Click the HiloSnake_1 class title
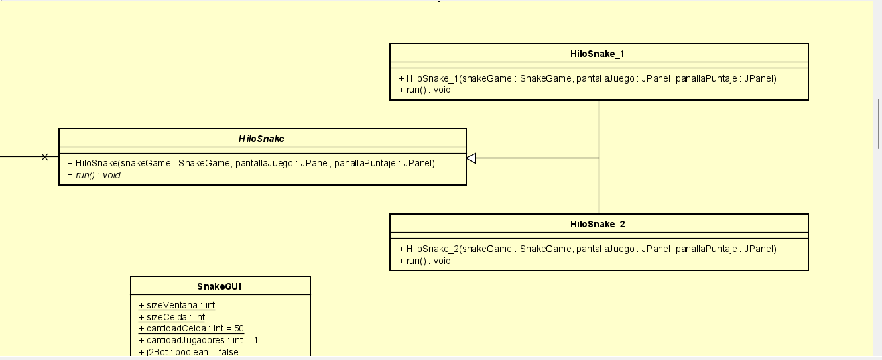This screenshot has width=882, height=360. click(x=597, y=54)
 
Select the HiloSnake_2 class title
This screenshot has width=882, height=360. click(x=597, y=224)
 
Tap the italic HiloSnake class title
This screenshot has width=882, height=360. click(x=261, y=139)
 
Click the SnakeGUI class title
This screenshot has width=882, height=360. click(x=220, y=286)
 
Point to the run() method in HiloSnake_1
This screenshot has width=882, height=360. click(x=424, y=90)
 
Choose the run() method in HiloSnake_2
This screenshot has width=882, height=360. click(x=424, y=261)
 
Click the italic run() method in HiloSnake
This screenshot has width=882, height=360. click(x=94, y=175)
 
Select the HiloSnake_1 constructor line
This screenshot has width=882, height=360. click(x=587, y=78)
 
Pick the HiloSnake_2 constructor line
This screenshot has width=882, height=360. click(x=587, y=249)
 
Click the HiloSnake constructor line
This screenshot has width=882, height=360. click(x=251, y=163)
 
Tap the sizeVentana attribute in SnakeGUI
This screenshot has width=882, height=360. click(x=176, y=305)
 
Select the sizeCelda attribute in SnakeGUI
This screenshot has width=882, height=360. click(x=172, y=317)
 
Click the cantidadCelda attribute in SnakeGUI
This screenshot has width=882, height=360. click(x=191, y=328)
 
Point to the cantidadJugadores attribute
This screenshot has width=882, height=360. click(x=198, y=340)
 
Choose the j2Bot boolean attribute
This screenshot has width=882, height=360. click(x=188, y=352)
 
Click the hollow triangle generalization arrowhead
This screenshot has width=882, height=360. click(x=472, y=158)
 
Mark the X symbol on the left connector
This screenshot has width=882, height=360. click(x=44, y=157)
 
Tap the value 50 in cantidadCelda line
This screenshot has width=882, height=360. click(x=239, y=328)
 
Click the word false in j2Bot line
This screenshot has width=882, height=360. click(x=226, y=352)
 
